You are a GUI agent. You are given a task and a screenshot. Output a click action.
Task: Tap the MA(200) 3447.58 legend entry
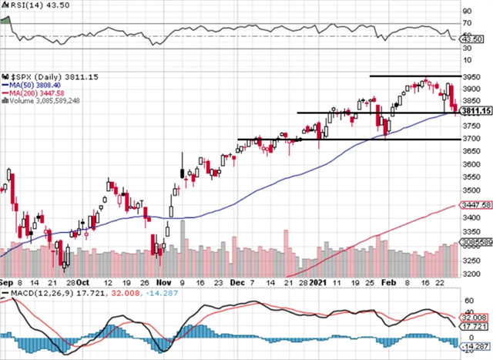tap(32, 93)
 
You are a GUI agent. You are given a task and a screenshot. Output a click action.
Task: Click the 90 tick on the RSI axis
tap(466, 12)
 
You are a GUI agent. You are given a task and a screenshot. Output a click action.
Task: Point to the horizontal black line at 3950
tap(415, 76)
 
